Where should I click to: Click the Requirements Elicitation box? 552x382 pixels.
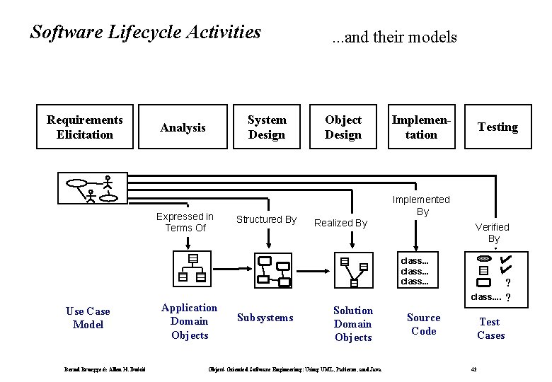pyautogui.click(x=85, y=127)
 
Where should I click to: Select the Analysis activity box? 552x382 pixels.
pyautogui.click(x=183, y=127)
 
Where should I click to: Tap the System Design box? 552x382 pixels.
pyautogui.click(x=267, y=127)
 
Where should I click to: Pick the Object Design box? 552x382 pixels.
pyautogui.click(x=343, y=127)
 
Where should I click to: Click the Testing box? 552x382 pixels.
pyautogui.click(x=498, y=127)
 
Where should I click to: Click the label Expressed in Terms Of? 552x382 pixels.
pyautogui.click(x=185, y=222)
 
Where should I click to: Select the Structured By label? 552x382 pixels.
pyautogui.click(x=266, y=220)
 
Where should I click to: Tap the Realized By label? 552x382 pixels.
pyautogui.click(x=340, y=223)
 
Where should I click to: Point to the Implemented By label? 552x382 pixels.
pyautogui.click(x=422, y=205)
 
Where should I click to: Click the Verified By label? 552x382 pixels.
pyautogui.click(x=492, y=233)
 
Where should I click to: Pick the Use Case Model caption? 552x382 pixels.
pyautogui.click(x=88, y=318)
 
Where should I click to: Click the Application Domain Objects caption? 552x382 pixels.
pyautogui.click(x=189, y=321)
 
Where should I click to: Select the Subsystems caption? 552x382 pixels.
pyautogui.click(x=265, y=318)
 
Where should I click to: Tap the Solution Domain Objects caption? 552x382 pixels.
pyautogui.click(x=352, y=324)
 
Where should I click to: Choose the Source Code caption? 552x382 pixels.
pyautogui.click(x=423, y=324)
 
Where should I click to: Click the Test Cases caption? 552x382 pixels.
pyautogui.click(x=490, y=328)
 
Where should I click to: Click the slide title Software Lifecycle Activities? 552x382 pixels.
pyautogui.click(x=146, y=33)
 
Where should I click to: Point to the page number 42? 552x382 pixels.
pyautogui.click(x=474, y=369)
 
